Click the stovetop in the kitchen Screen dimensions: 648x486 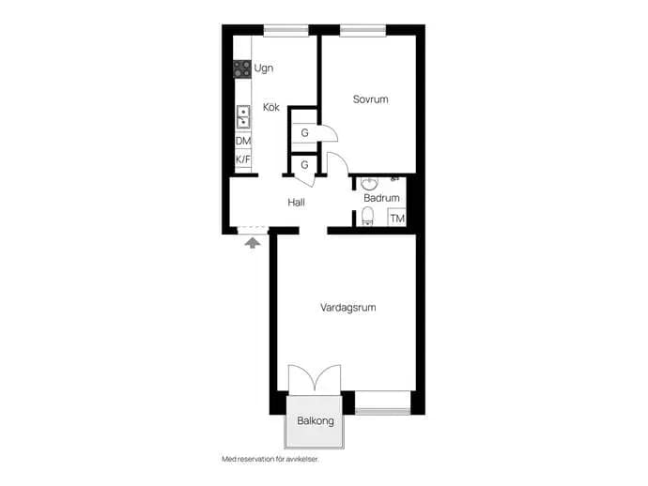(241, 68)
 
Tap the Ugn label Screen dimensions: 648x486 (264, 68)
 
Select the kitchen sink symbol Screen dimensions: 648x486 (243, 117)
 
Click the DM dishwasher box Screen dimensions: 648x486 (243, 141)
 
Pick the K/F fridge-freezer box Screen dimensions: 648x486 (243, 159)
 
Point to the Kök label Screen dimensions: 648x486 (271, 107)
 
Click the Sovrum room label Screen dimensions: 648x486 (370, 99)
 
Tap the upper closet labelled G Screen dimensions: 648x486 (304, 133)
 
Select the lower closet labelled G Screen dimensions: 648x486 (304, 165)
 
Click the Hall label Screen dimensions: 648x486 (297, 203)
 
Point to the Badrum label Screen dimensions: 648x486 (381, 198)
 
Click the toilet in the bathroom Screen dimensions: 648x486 (367, 217)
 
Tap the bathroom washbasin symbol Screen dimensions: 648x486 (369, 183)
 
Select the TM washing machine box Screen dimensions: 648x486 (396, 218)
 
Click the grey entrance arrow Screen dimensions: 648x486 (253, 242)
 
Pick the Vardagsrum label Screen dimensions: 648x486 (348, 308)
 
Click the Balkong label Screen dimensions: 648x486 (316, 421)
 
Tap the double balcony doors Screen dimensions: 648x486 (315, 378)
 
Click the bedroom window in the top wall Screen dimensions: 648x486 (363, 30)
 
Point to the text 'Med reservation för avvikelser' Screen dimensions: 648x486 (270, 459)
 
